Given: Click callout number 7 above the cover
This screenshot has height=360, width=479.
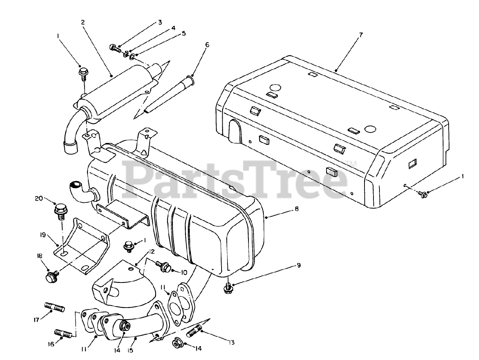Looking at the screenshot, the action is coord(360,35).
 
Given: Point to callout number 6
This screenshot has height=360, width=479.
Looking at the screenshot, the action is coord(207,45).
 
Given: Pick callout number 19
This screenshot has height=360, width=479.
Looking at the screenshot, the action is coord(43,235).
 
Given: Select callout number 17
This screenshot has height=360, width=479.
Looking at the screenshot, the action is coord(36,320).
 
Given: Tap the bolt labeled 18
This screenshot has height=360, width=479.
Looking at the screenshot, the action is coord(51,278).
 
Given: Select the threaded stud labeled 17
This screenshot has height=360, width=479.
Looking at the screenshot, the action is coord(55,307).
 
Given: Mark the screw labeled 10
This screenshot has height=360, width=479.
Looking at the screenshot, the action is coord(163,266).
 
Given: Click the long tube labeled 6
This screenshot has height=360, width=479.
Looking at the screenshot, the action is coord(171,95).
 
